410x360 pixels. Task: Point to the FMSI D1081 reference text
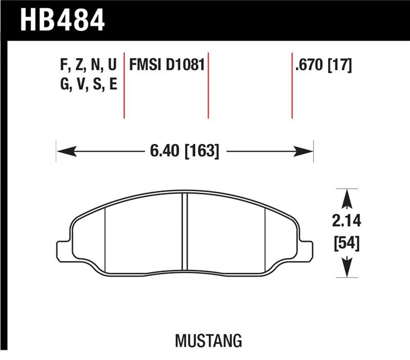[167, 66]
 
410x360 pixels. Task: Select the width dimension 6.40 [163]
[184, 151]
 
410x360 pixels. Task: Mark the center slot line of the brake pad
[185, 233]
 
